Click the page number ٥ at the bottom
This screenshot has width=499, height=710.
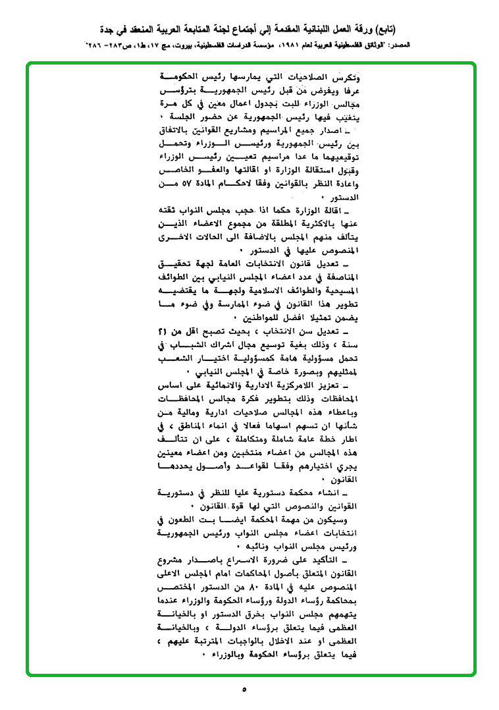coord(244,690)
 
